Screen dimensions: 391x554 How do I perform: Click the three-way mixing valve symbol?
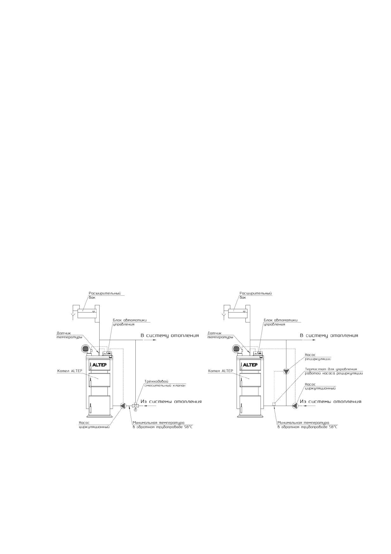pos(135,406)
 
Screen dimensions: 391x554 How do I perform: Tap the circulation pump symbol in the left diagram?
pos(123,406)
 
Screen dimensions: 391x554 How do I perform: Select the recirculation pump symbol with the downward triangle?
pos(286,371)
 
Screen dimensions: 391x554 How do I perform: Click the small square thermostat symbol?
pos(274,404)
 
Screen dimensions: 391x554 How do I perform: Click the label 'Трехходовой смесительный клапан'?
pos(165,384)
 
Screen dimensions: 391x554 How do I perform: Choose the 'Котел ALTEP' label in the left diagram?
pos(70,371)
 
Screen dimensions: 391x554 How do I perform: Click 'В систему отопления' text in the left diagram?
pos(170,336)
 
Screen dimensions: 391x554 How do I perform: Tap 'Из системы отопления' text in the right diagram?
pos(331,401)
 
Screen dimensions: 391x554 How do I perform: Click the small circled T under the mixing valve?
pos(135,410)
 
